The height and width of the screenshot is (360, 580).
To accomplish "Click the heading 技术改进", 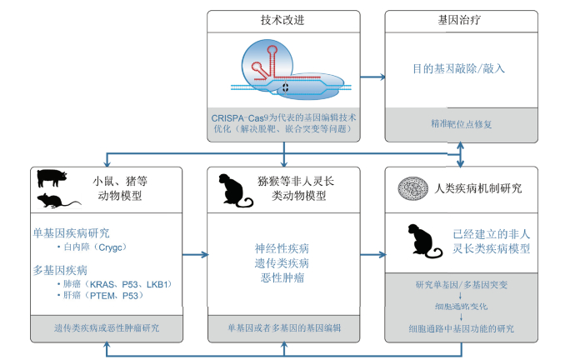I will pyautogui.click(x=283, y=20).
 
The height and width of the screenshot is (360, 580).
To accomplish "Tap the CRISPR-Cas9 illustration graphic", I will pyautogui.click(x=283, y=71).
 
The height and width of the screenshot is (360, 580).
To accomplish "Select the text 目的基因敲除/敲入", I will pyautogui.click(x=459, y=69).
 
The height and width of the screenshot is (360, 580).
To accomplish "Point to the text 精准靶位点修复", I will pyautogui.click(x=459, y=123).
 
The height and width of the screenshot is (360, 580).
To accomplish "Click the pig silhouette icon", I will pyautogui.click(x=51, y=177).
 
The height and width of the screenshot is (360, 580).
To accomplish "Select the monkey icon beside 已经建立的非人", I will pyautogui.click(x=421, y=241).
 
